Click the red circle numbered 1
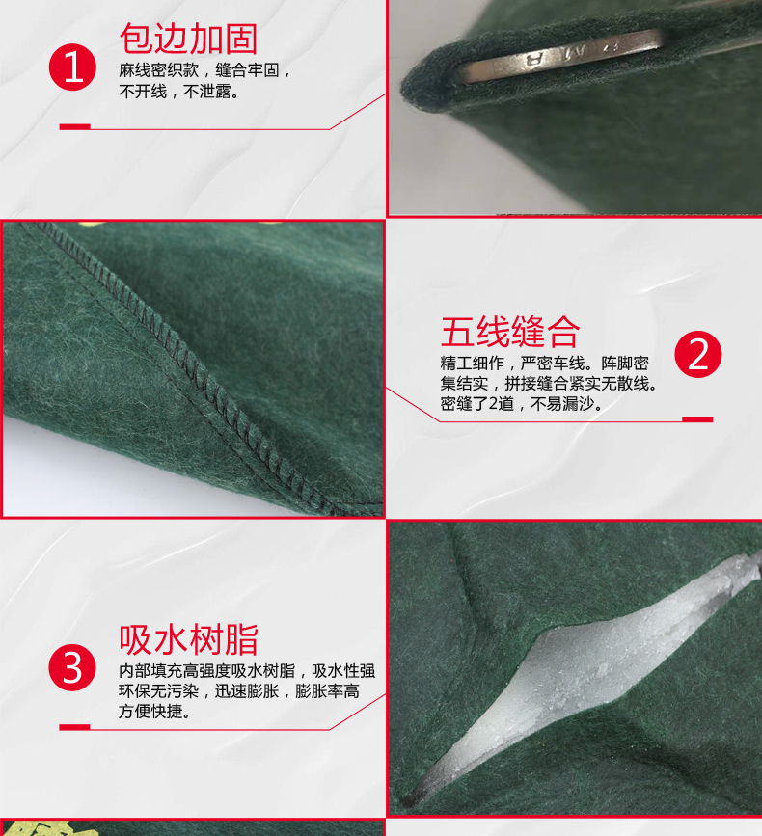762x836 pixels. [73, 66]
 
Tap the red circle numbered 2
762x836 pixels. [697, 355]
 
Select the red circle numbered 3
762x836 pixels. [73, 666]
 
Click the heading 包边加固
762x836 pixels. [188, 38]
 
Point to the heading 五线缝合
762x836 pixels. [509, 332]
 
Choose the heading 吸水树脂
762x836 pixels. [188, 639]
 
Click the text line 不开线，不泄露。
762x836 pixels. [179, 93]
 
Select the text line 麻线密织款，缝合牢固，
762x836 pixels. [204, 71]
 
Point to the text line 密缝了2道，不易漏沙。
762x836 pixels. [521, 404]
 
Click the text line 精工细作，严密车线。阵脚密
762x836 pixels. [545, 364]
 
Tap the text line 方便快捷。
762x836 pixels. [154, 712]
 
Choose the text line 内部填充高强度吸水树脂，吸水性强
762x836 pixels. [247, 670]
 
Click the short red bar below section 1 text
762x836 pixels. [74, 126]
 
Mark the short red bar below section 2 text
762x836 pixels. [697, 419]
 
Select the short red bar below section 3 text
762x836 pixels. [74, 727]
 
